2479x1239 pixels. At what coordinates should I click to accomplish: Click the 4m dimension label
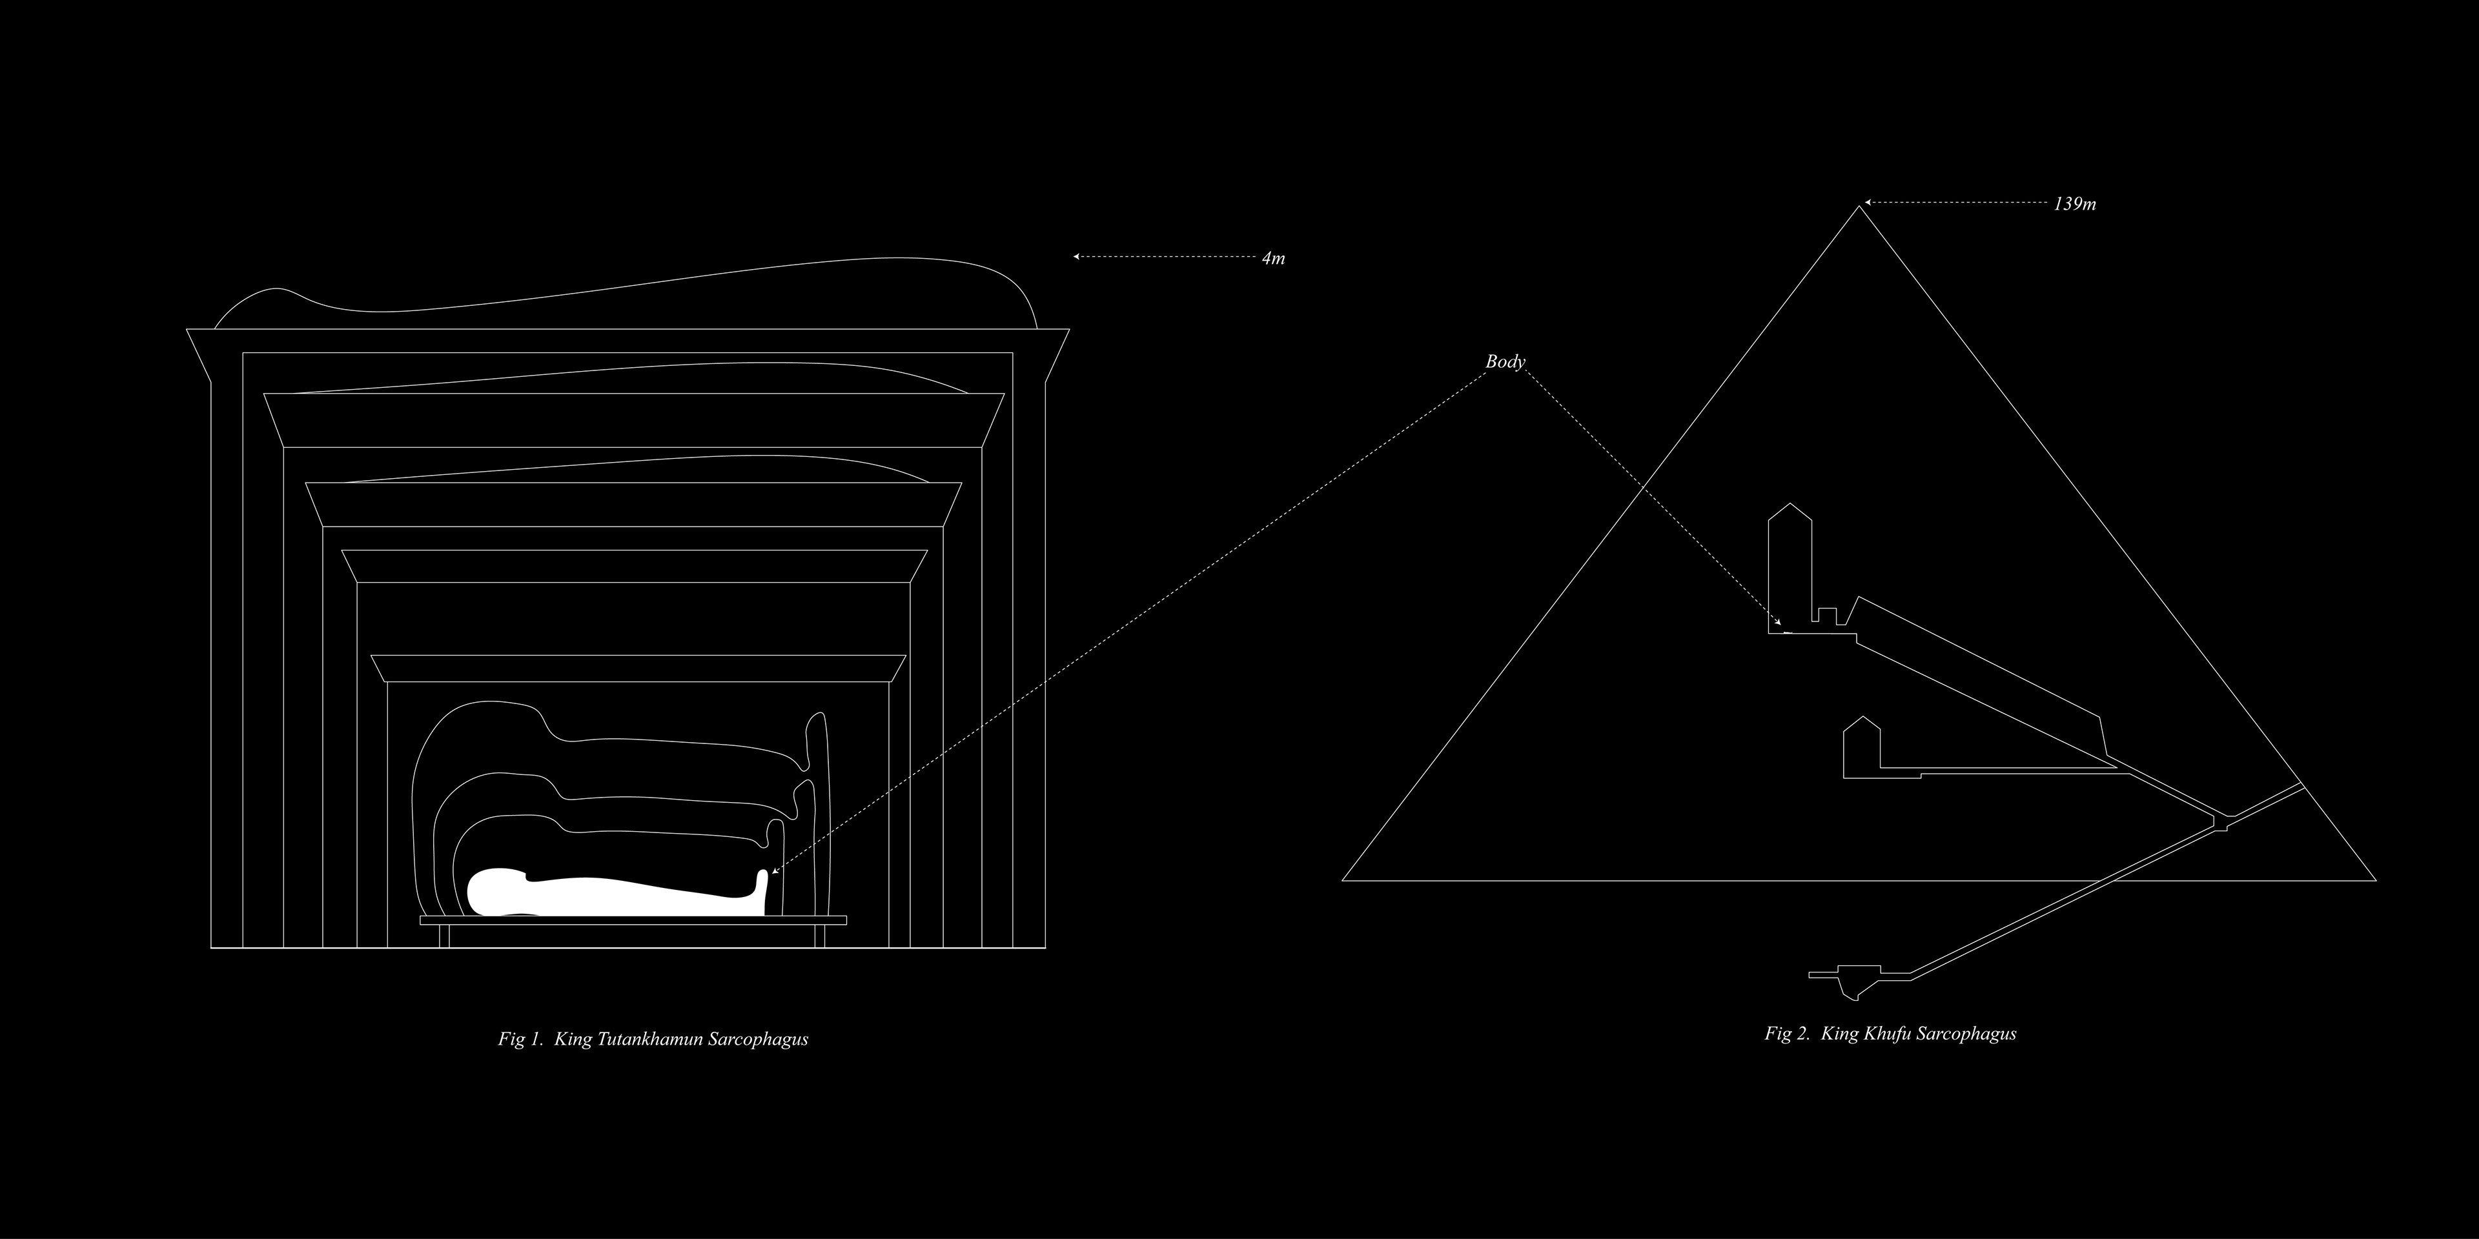tap(1273, 259)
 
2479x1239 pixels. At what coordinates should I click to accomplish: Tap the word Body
tap(1505, 361)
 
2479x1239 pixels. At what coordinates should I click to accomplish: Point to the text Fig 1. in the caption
tap(520, 1039)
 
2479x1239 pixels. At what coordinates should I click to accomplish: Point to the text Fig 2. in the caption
tap(1787, 1034)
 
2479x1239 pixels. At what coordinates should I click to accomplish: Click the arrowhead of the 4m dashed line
tap(1077, 257)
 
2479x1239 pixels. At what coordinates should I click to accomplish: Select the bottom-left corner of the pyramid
tap(1343, 879)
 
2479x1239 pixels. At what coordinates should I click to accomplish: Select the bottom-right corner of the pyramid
tap(2376, 879)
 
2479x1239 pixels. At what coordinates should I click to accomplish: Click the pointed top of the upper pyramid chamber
tap(1790, 503)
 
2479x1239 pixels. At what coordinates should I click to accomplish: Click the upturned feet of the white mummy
tap(765, 890)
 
